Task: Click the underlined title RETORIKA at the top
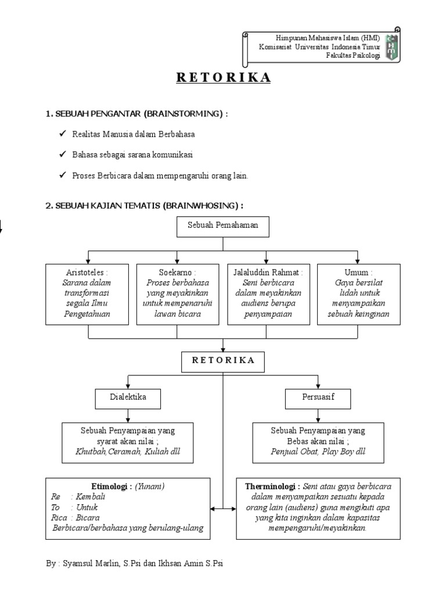pos(223,78)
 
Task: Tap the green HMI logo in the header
pos(393,46)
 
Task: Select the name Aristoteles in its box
pos(87,272)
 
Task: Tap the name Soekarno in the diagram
pos(178,272)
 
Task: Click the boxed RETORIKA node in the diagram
pos(223,360)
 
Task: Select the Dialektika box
pos(128,398)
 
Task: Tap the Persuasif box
pos(318,398)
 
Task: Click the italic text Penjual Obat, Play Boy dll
pos(318,451)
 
